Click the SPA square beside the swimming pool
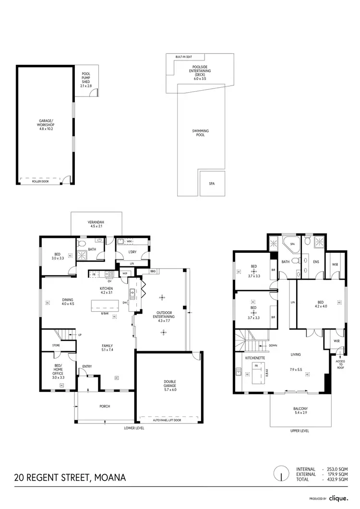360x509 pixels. pos(212,184)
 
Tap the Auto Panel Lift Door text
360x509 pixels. pos(167,420)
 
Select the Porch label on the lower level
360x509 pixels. pos(105,406)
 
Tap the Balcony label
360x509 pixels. pos(300,410)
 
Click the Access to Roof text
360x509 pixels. pos(340,366)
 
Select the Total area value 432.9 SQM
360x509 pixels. pos(339,479)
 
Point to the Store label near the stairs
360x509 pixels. pos(57,345)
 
